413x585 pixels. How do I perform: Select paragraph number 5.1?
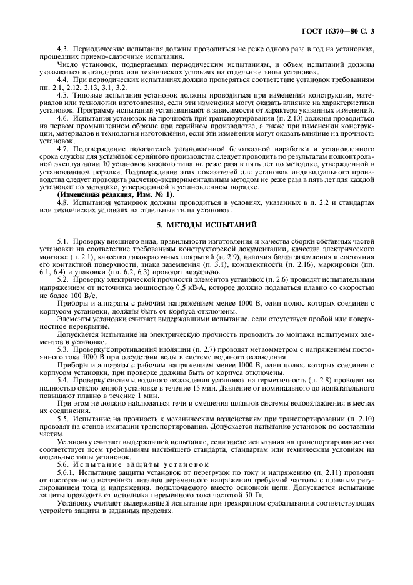coord(62,241)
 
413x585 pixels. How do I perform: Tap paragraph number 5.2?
coord(62,278)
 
